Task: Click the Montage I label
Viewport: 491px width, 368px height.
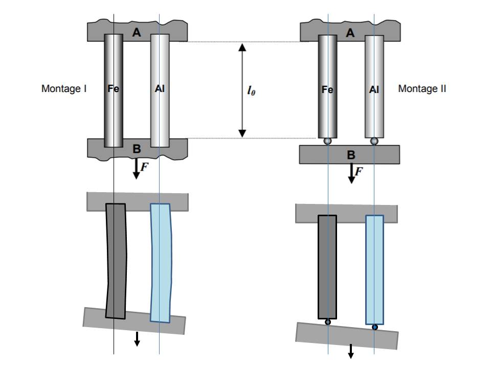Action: point(64,89)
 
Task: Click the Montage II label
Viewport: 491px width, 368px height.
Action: point(422,89)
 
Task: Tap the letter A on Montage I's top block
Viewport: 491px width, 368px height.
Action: point(136,32)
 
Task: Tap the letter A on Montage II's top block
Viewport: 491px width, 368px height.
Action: point(350,33)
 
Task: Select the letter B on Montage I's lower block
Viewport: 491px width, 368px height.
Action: point(137,149)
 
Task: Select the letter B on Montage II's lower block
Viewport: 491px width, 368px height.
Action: point(351,155)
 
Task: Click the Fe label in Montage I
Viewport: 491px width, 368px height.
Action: point(113,89)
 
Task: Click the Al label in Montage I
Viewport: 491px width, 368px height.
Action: point(160,89)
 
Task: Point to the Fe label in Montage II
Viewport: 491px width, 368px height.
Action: point(327,90)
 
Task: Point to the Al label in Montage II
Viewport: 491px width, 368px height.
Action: point(374,90)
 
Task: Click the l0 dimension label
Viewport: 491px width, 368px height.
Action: point(251,90)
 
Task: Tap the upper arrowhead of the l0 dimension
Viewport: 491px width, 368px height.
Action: point(242,47)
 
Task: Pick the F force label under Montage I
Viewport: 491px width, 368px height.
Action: point(144,167)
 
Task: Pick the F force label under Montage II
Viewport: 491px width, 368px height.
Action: point(359,171)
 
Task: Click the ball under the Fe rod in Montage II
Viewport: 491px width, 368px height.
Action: point(327,141)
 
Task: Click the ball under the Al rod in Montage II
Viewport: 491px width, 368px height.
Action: point(374,141)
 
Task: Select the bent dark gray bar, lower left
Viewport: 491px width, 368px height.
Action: point(116,261)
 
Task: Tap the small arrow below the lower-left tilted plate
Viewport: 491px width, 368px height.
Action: point(137,339)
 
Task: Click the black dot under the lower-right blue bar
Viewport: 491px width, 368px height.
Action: point(375,327)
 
